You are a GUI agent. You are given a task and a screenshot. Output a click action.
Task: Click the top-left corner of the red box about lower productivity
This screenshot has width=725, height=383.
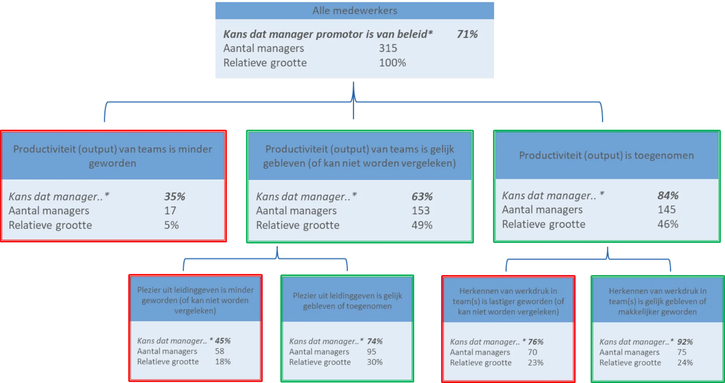(1, 131)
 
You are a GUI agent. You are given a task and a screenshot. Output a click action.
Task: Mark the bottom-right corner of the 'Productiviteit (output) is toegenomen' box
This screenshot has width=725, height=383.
(720, 242)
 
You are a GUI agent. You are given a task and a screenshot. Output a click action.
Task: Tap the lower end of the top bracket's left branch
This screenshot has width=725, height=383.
(105, 122)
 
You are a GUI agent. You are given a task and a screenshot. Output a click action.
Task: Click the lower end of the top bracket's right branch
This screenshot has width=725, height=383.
(602, 122)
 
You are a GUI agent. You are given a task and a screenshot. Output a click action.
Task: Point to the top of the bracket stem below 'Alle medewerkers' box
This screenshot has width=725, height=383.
(353, 82)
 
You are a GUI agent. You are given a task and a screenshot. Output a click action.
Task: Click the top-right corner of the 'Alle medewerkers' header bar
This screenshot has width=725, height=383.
(494, 2)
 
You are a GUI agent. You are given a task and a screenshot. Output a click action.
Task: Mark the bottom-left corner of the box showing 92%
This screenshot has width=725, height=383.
(592, 382)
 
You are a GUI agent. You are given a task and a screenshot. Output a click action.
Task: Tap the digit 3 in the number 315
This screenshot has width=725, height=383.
(382, 48)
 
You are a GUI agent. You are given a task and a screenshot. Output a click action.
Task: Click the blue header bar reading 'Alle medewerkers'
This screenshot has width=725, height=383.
(355, 11)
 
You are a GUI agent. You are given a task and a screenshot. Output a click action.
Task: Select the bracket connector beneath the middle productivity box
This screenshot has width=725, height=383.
(277, 259)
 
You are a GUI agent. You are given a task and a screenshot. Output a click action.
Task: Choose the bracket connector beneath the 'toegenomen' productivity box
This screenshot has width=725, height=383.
(608, 259)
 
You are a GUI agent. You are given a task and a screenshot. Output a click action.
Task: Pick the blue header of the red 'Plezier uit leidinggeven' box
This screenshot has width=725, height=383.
(195, 299)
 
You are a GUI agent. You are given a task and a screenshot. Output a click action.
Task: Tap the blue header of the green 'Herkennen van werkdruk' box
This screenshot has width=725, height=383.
(657, 300)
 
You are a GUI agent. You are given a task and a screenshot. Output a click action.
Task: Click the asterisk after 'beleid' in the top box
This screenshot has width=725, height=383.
(430, 32)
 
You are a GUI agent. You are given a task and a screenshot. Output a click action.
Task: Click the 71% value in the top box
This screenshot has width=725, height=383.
(467, 34)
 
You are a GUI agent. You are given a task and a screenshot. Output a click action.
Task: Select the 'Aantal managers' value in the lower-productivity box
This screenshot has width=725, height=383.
(170, 210)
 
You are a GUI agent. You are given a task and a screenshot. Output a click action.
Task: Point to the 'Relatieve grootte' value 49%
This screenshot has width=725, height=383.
(422, 225)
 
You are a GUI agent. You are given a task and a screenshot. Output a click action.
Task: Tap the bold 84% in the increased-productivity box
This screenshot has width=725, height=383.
(668, 196)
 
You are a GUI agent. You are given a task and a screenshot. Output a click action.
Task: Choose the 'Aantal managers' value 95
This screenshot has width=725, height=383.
(372, 352)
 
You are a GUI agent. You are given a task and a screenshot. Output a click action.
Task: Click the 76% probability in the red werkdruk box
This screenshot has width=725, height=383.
(535, 342)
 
